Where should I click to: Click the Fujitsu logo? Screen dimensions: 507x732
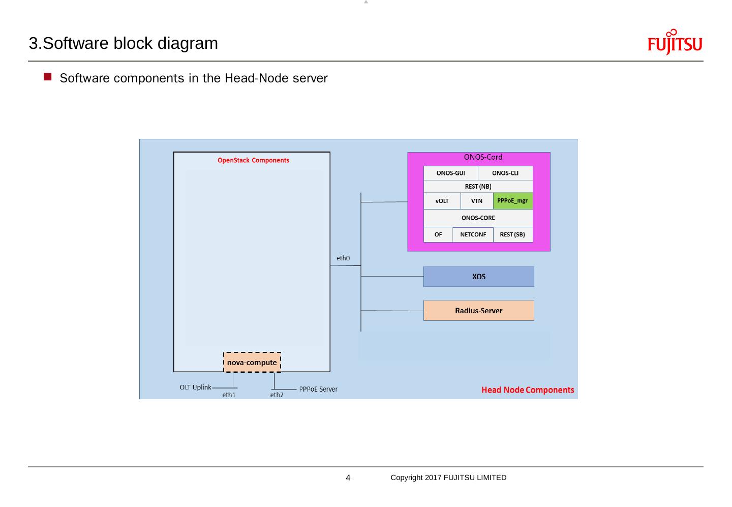click(x=675, y=43)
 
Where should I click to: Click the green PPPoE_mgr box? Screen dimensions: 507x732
click(x=512, y=201)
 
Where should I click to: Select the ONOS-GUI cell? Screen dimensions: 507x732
click(x=450, y=173)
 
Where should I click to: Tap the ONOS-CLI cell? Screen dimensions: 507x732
click(x=505, y=173)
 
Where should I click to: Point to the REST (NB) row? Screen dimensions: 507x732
click(x=478, y=187)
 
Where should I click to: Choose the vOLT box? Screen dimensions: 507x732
click(x=442, y=201)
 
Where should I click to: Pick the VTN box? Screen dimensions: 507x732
click(x=477, y=201)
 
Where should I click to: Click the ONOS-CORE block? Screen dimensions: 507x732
click(x=478, y=218)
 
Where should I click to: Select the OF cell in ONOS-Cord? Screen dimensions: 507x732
click(x=438, y=234)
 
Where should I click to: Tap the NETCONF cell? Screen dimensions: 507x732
click(x=473, y=234)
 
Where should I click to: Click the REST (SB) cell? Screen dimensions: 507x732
click(x=512, y=234)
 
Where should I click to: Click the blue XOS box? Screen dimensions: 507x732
click(x=478, y=277)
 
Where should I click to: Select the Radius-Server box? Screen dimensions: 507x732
click(x=478, y=311)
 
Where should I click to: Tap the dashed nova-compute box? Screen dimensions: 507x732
click(x=252, y=363)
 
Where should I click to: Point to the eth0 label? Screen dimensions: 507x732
click(x=343, y=258)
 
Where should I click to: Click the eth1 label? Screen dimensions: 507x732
click(x=229, y=395)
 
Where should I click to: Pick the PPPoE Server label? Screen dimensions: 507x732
click(x=318, y=390)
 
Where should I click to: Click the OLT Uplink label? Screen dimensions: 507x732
click(x=195, y=387)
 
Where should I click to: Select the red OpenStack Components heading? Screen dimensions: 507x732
click(x=253, y=160)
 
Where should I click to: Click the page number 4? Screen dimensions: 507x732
click(x=348, y=478)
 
